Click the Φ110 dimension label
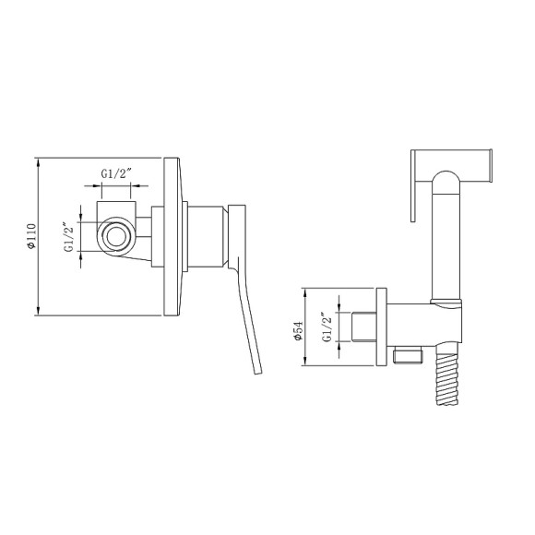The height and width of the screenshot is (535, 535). pos(31,236)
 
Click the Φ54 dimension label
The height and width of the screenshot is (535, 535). pos(298,330)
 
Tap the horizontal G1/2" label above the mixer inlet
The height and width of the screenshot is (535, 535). pos(116,173)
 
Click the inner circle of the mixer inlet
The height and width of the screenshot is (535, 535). pos(116,236)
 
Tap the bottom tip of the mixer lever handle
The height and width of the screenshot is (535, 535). pos(258,374)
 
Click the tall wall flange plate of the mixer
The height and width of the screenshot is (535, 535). pos(172,236)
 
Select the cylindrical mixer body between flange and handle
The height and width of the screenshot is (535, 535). pos(206,236)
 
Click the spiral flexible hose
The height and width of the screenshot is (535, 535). pos(447,379)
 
